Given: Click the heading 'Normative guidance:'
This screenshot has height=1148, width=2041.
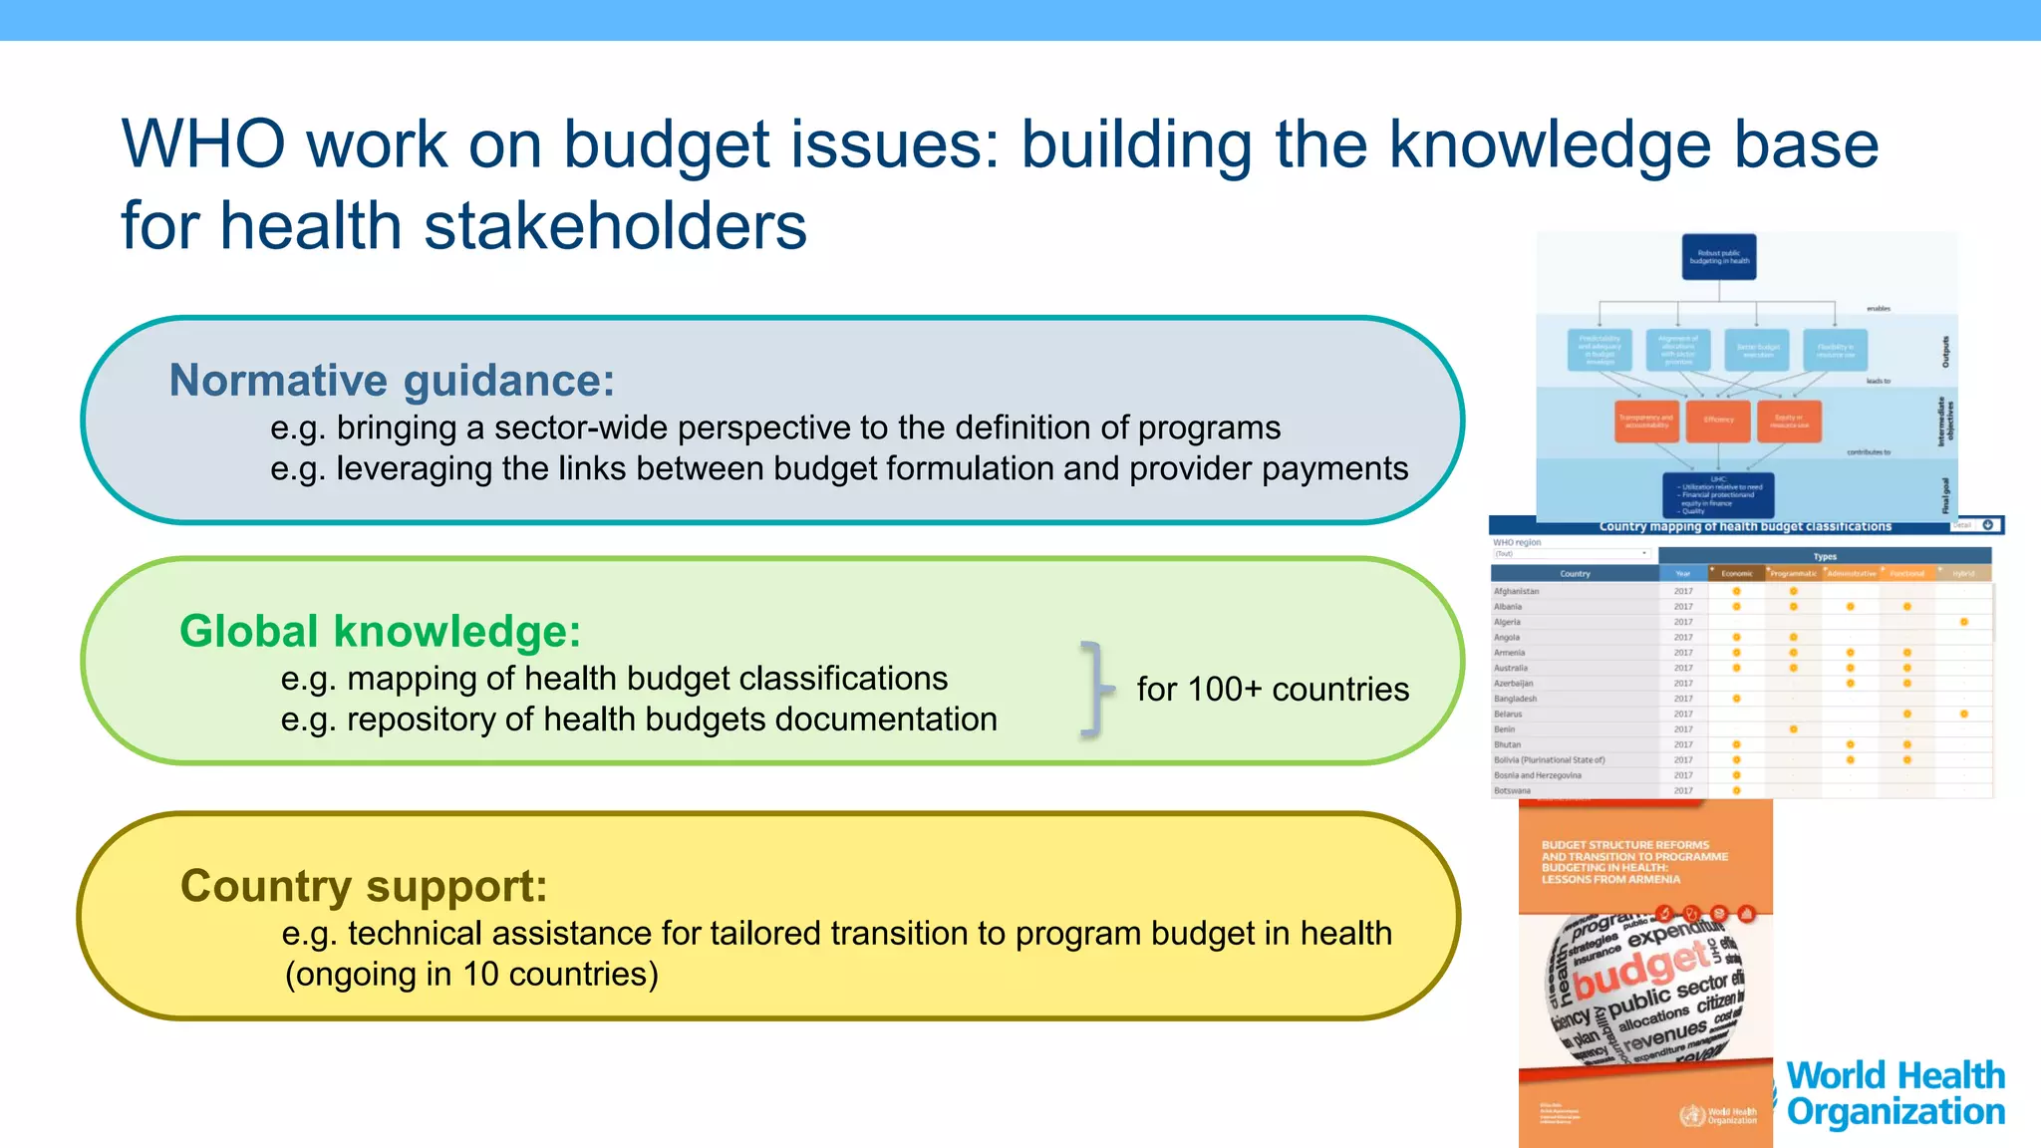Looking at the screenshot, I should coord(392,381).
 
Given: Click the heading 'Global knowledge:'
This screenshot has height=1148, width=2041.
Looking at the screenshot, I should coord(380,632).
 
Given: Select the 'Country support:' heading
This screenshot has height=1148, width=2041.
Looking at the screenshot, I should coord(364,886).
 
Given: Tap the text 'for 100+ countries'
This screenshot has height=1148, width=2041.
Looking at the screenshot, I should coord(1273,690).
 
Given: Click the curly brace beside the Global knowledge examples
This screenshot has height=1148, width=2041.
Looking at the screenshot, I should coord(1095,690).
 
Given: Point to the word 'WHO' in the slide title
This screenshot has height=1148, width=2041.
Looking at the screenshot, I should coord(203,145).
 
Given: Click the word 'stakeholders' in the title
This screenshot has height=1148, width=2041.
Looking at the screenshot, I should coord(614,226).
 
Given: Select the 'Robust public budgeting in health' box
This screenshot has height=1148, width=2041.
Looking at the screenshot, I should coord(1719,257).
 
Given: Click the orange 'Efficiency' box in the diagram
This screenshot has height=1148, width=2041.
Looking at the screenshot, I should coord(1718,421).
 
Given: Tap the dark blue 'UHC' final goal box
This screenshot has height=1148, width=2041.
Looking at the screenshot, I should coord(1718,494).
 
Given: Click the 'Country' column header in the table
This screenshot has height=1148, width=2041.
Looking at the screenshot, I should coord(1575,574).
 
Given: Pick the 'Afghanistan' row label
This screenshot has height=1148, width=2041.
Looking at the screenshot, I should coord(1516,592).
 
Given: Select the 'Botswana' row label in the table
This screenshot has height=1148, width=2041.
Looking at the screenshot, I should coord(1512,791).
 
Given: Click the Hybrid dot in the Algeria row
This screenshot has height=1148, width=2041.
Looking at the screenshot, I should coord(1963,622).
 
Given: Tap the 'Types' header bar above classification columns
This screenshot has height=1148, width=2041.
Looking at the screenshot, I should coord(1824,557).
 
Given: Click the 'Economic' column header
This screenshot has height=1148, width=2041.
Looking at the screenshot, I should coord(1736,574).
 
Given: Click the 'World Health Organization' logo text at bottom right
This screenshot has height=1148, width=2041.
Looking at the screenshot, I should coord(1895,1093).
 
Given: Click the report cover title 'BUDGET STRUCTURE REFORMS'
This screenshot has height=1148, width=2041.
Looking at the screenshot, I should coord(1624,845).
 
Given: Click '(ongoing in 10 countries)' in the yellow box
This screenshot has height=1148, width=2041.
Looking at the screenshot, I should coord(471,975).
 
